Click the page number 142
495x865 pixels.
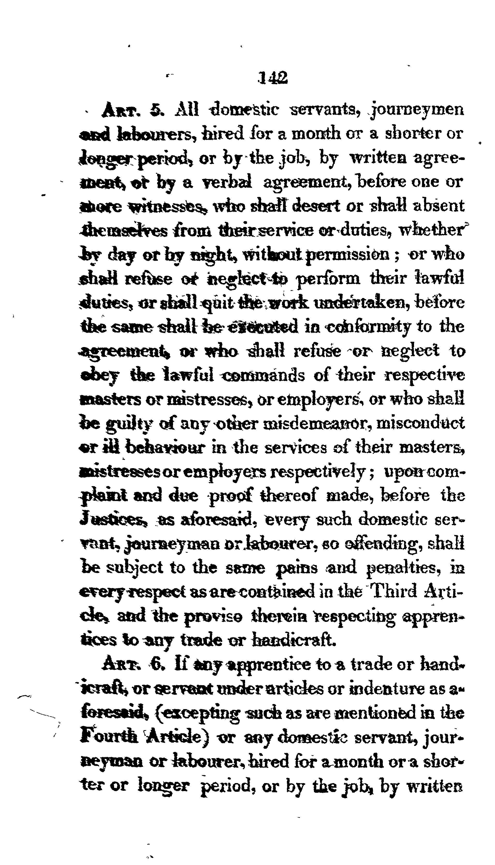click(273, 78)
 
